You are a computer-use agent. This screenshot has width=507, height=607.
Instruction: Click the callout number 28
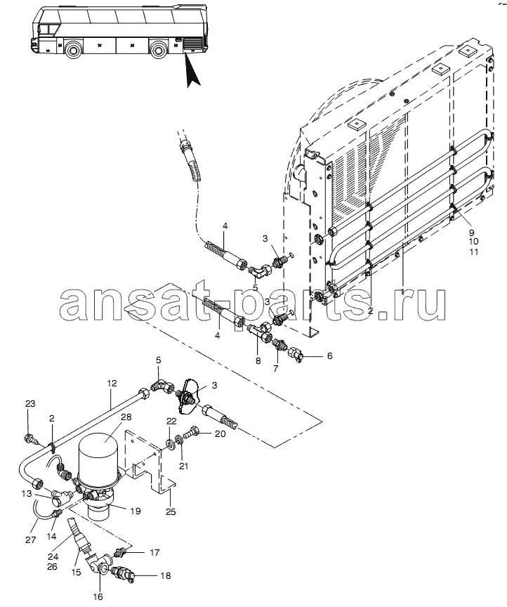point(126,417)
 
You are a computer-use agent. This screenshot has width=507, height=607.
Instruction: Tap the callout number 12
point(112,384)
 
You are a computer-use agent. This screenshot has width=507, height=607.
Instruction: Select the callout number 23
point(30,403)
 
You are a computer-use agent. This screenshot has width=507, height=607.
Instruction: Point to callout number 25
point(171,511)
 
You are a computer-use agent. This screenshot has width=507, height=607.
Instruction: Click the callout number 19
point(135,511)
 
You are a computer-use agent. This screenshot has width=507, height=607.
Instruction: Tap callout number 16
point(98,596)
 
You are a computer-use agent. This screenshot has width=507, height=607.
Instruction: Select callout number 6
point(329,355)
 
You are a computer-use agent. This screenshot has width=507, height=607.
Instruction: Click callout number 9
point(471,233)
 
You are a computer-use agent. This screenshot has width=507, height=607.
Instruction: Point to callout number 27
point(31,540)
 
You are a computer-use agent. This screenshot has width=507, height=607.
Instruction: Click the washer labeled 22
point(171,444)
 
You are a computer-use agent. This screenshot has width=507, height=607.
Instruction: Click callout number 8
point(258,361)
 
